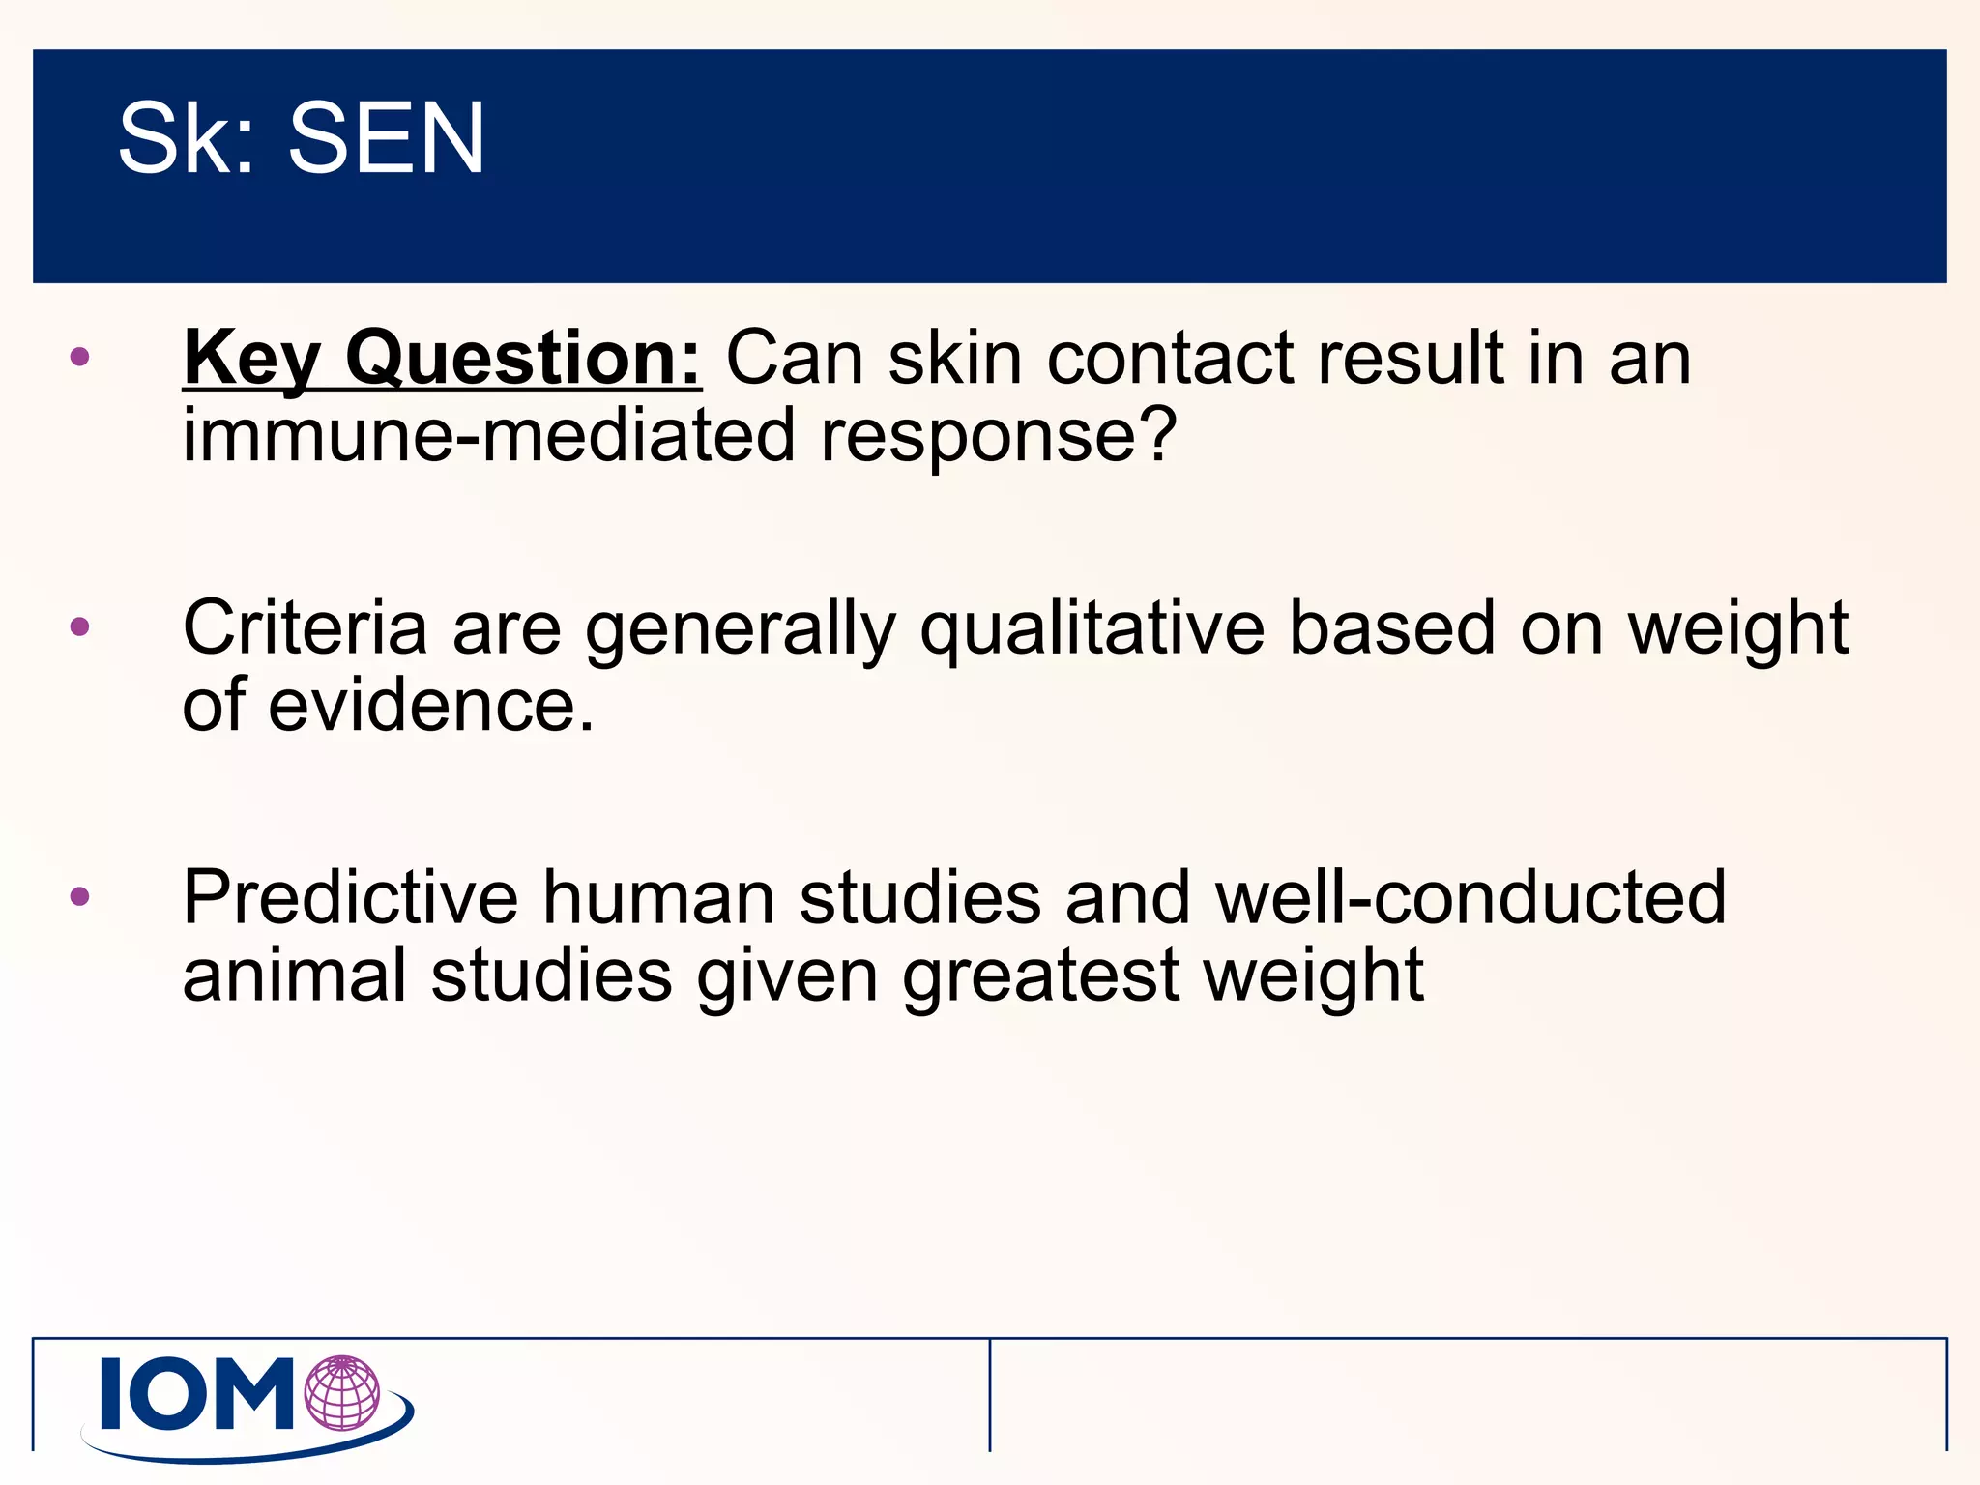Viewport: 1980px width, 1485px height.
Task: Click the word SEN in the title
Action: tap(386, 139)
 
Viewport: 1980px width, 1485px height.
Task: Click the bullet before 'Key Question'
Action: tap(80, 357)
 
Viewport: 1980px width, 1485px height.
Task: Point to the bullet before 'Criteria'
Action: tap(80, 626)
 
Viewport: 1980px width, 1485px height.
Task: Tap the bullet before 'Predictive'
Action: tap(80, 896)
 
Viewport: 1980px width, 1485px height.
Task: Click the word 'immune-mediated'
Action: tap(488, 435)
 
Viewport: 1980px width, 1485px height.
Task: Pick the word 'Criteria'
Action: tap(305, 628)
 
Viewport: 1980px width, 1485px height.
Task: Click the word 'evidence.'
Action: tap(430, 706)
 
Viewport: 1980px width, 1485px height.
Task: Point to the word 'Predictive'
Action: tap(350, 898)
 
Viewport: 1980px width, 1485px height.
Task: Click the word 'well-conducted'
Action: tap(1470, 898)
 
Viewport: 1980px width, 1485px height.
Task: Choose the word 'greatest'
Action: tap(1040, 976)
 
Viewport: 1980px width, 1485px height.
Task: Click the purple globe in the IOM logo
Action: tap(342, 1393)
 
